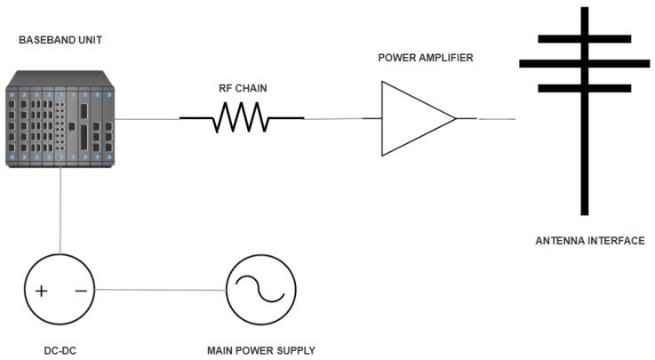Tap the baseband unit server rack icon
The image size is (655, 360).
pos(61,119)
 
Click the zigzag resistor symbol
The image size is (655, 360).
pos(242,118)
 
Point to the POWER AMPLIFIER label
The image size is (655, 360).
pos(426,57)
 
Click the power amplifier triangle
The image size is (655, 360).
pos(413,118)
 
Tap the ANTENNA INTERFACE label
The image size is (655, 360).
pos(590,241)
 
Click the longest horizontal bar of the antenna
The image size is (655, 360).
pos(585,63)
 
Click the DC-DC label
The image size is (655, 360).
pos(58,349)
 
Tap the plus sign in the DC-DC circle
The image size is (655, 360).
pos(41,291)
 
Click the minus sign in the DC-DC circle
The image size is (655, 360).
pos(80,291)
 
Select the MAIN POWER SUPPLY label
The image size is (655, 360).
pos(260,349)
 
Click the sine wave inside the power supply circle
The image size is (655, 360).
pos(260,291)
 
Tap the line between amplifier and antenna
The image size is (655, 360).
pos(497,119)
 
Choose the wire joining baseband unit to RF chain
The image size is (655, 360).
pos(148,119)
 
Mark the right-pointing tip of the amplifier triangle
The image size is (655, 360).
pos(455,118)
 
